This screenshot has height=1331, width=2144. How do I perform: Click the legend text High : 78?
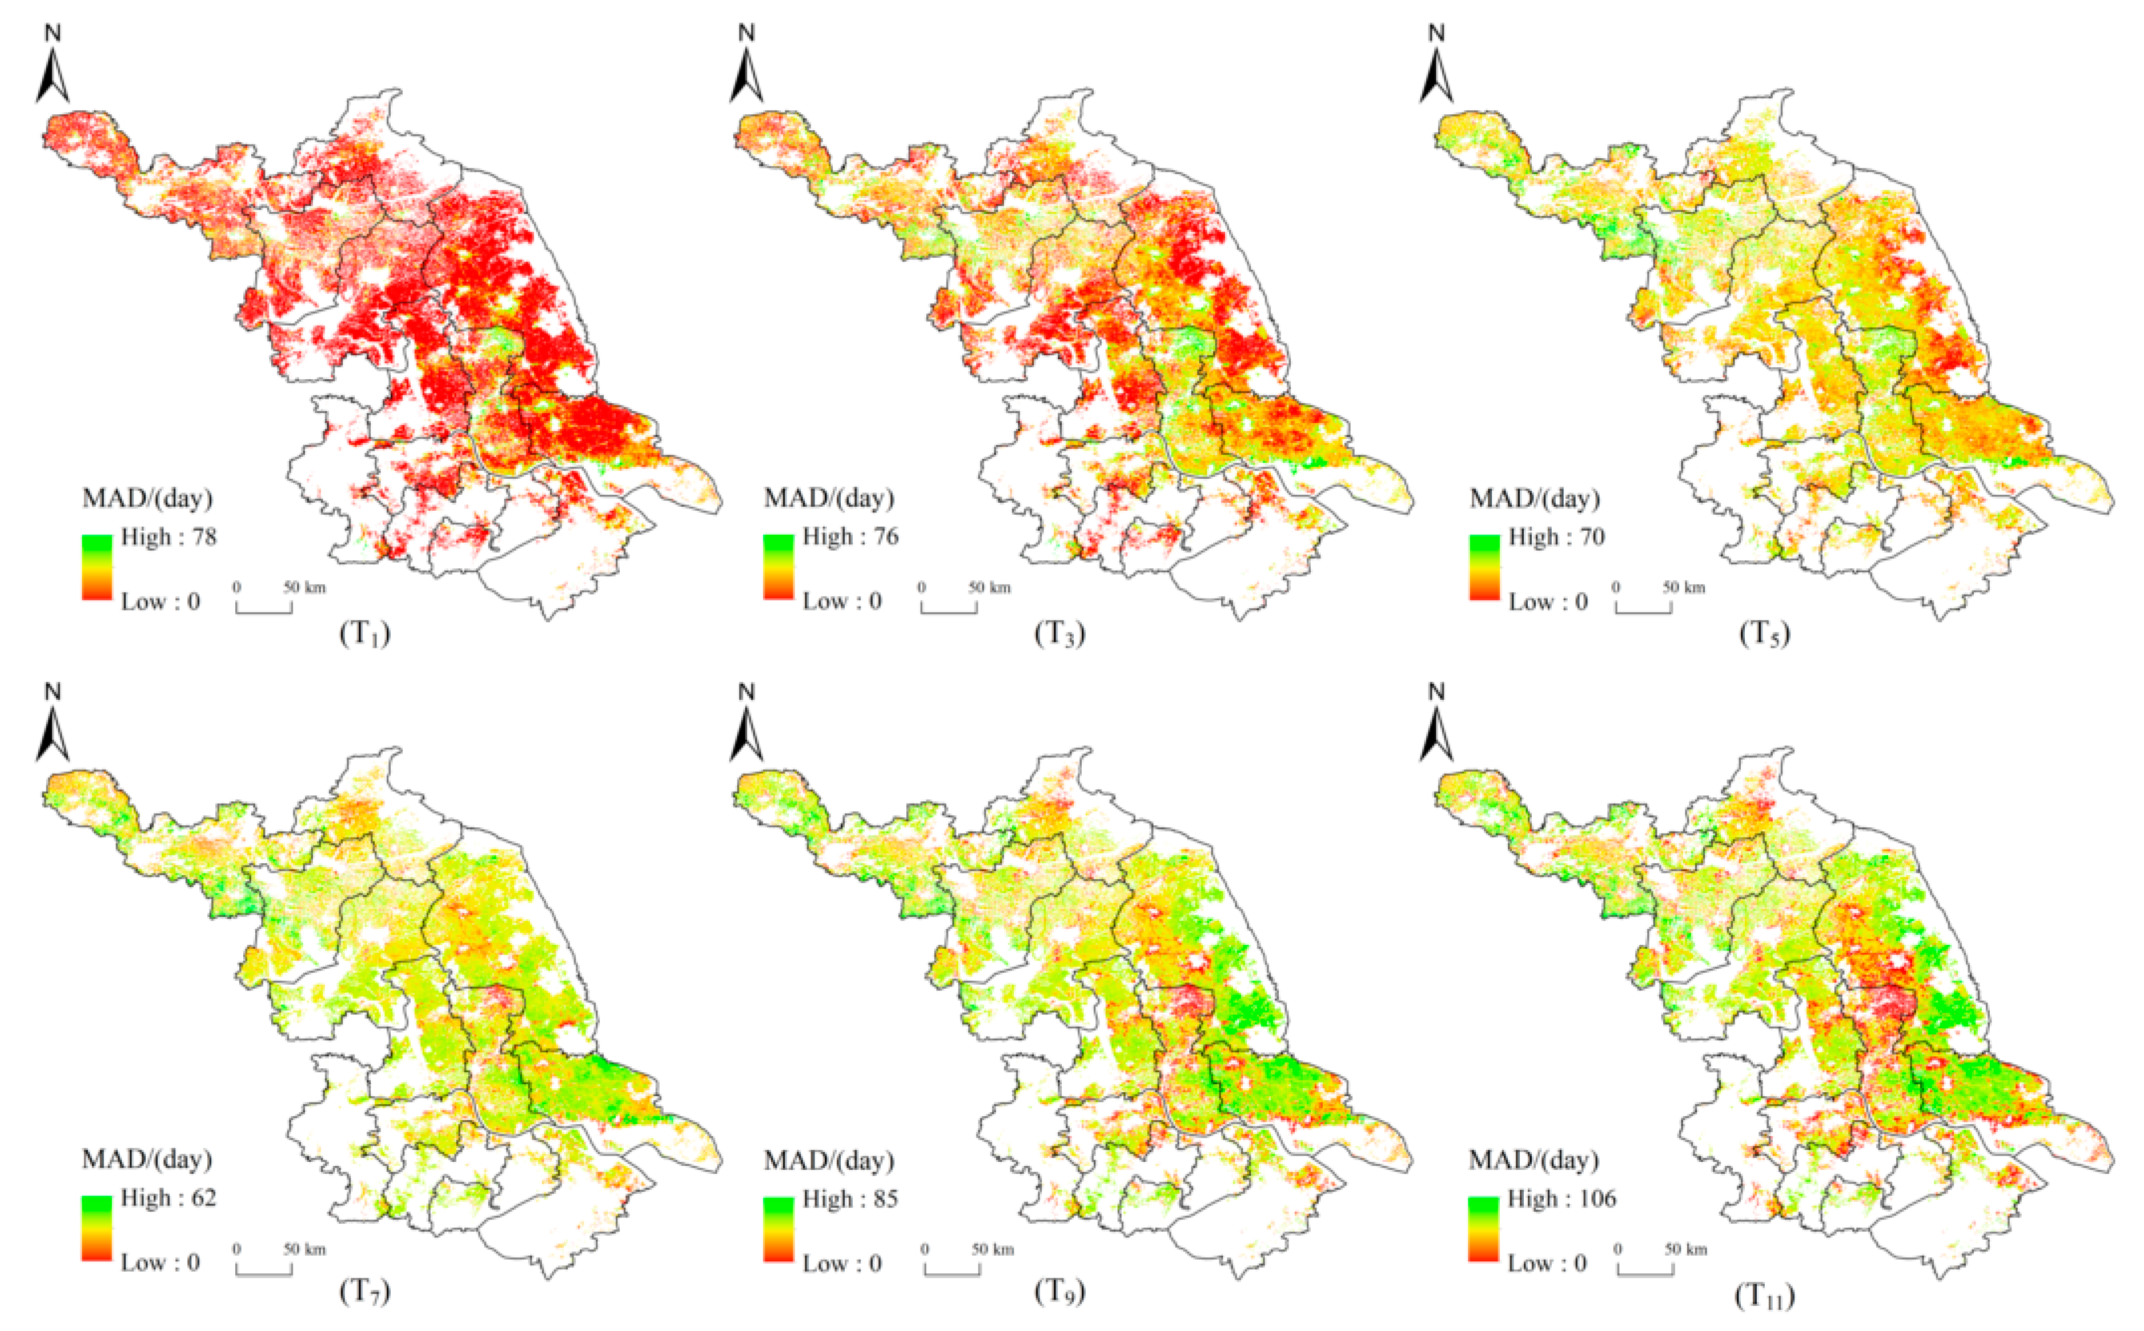pyautogui.click(x=168, y=537)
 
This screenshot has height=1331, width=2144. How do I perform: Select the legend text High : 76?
pyautogui.click(x=850, y=537)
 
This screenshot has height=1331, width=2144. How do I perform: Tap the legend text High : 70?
pyautogui.click(x=1556, y=537)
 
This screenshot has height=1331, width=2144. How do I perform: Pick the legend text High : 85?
pyautogui.click(x=850, y=1199)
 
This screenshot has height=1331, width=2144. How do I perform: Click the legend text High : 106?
pyautogui.click(x=1561, y=1199)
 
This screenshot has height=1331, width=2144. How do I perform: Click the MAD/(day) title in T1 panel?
pyautogui.click(x=147, y=499)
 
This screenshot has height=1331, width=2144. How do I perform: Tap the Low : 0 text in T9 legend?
pyautogui.click(x=841, y=1263)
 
